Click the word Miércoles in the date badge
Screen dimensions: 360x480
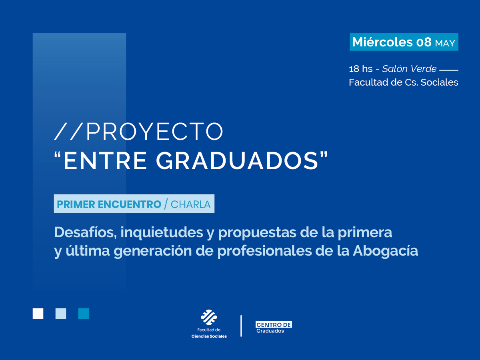[x=382, y=42]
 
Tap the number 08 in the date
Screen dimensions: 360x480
[x=424, y=42]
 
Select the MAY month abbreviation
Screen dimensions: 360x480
[x=445, y=43]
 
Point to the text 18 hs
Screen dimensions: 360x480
[x=361, y=69]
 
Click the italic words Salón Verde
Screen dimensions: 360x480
[x=409, y=69]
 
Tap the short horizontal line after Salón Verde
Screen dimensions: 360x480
[x=448, y=70]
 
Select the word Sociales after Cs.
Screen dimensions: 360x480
[x=439, y=82]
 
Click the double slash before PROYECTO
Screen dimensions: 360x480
[x=69, y=131]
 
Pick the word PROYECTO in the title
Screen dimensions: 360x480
[x=154, y=131]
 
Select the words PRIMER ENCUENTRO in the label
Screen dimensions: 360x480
[x=109, y=204]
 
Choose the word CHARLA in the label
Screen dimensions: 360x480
[x=190, y=204]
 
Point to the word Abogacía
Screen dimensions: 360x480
[x=386, y=251]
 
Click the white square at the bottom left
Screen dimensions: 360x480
[x=38, y=313]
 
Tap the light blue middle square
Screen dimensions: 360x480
[x=61, y=313]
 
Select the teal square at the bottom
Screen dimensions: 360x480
[x=84, y=313]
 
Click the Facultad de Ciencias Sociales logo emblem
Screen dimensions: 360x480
[x=209, y=317]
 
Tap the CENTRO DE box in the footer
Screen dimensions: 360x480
[x=274, y=325]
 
